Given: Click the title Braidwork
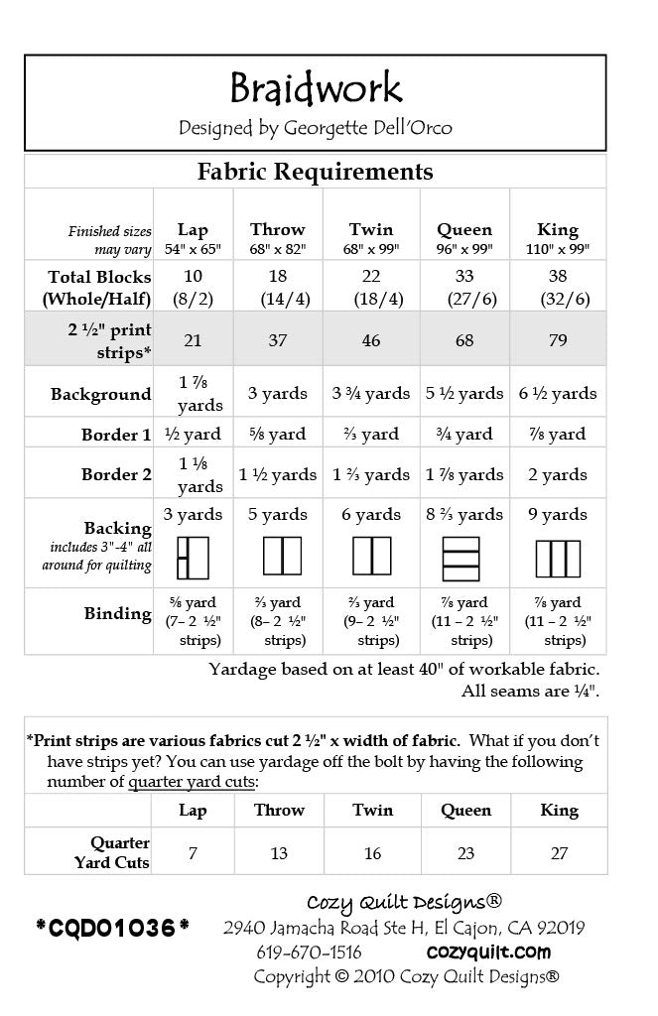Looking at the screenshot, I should [316, 89].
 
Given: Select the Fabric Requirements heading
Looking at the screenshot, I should [316, 172].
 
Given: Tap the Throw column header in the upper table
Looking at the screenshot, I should [278, 230].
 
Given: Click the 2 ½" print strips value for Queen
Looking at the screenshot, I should [464, 340].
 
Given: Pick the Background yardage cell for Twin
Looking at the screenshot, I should [371, 394].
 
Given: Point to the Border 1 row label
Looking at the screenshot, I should [116, 435].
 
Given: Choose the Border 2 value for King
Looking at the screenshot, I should [558, 474].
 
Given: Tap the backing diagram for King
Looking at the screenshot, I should [558, 557].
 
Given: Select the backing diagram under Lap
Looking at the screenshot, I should [193, 557].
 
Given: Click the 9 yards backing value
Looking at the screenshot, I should [558, 514].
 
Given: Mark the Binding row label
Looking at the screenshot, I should [117, 613].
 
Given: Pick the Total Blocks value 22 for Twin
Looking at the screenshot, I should [371, 277].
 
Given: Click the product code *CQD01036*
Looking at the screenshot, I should [112, 929].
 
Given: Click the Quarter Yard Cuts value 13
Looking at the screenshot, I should [279, 853].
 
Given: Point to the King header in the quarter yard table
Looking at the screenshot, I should [559, 811].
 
